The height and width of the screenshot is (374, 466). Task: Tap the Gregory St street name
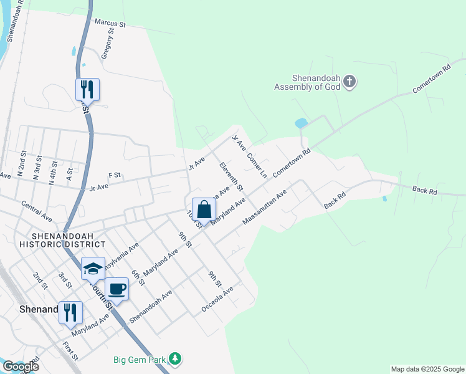coord(108,43)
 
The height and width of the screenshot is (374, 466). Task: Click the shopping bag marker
coord(204,210)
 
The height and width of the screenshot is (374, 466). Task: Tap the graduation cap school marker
coord(93,269)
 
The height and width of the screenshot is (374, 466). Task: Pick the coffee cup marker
coord(117,289)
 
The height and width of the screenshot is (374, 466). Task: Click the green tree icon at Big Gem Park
coord(176,358)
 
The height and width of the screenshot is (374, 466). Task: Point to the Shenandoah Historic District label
coord(69,240)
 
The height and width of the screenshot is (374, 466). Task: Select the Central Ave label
coord(36,211)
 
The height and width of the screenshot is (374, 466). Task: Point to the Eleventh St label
coord(231,176)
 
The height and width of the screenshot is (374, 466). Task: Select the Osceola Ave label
coord(217,300)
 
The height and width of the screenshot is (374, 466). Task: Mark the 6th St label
coord(138,274)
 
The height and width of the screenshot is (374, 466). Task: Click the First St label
coord(70,351)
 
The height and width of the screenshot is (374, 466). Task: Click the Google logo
coord(20,367)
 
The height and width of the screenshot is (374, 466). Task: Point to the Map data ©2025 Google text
coord(427,369)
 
